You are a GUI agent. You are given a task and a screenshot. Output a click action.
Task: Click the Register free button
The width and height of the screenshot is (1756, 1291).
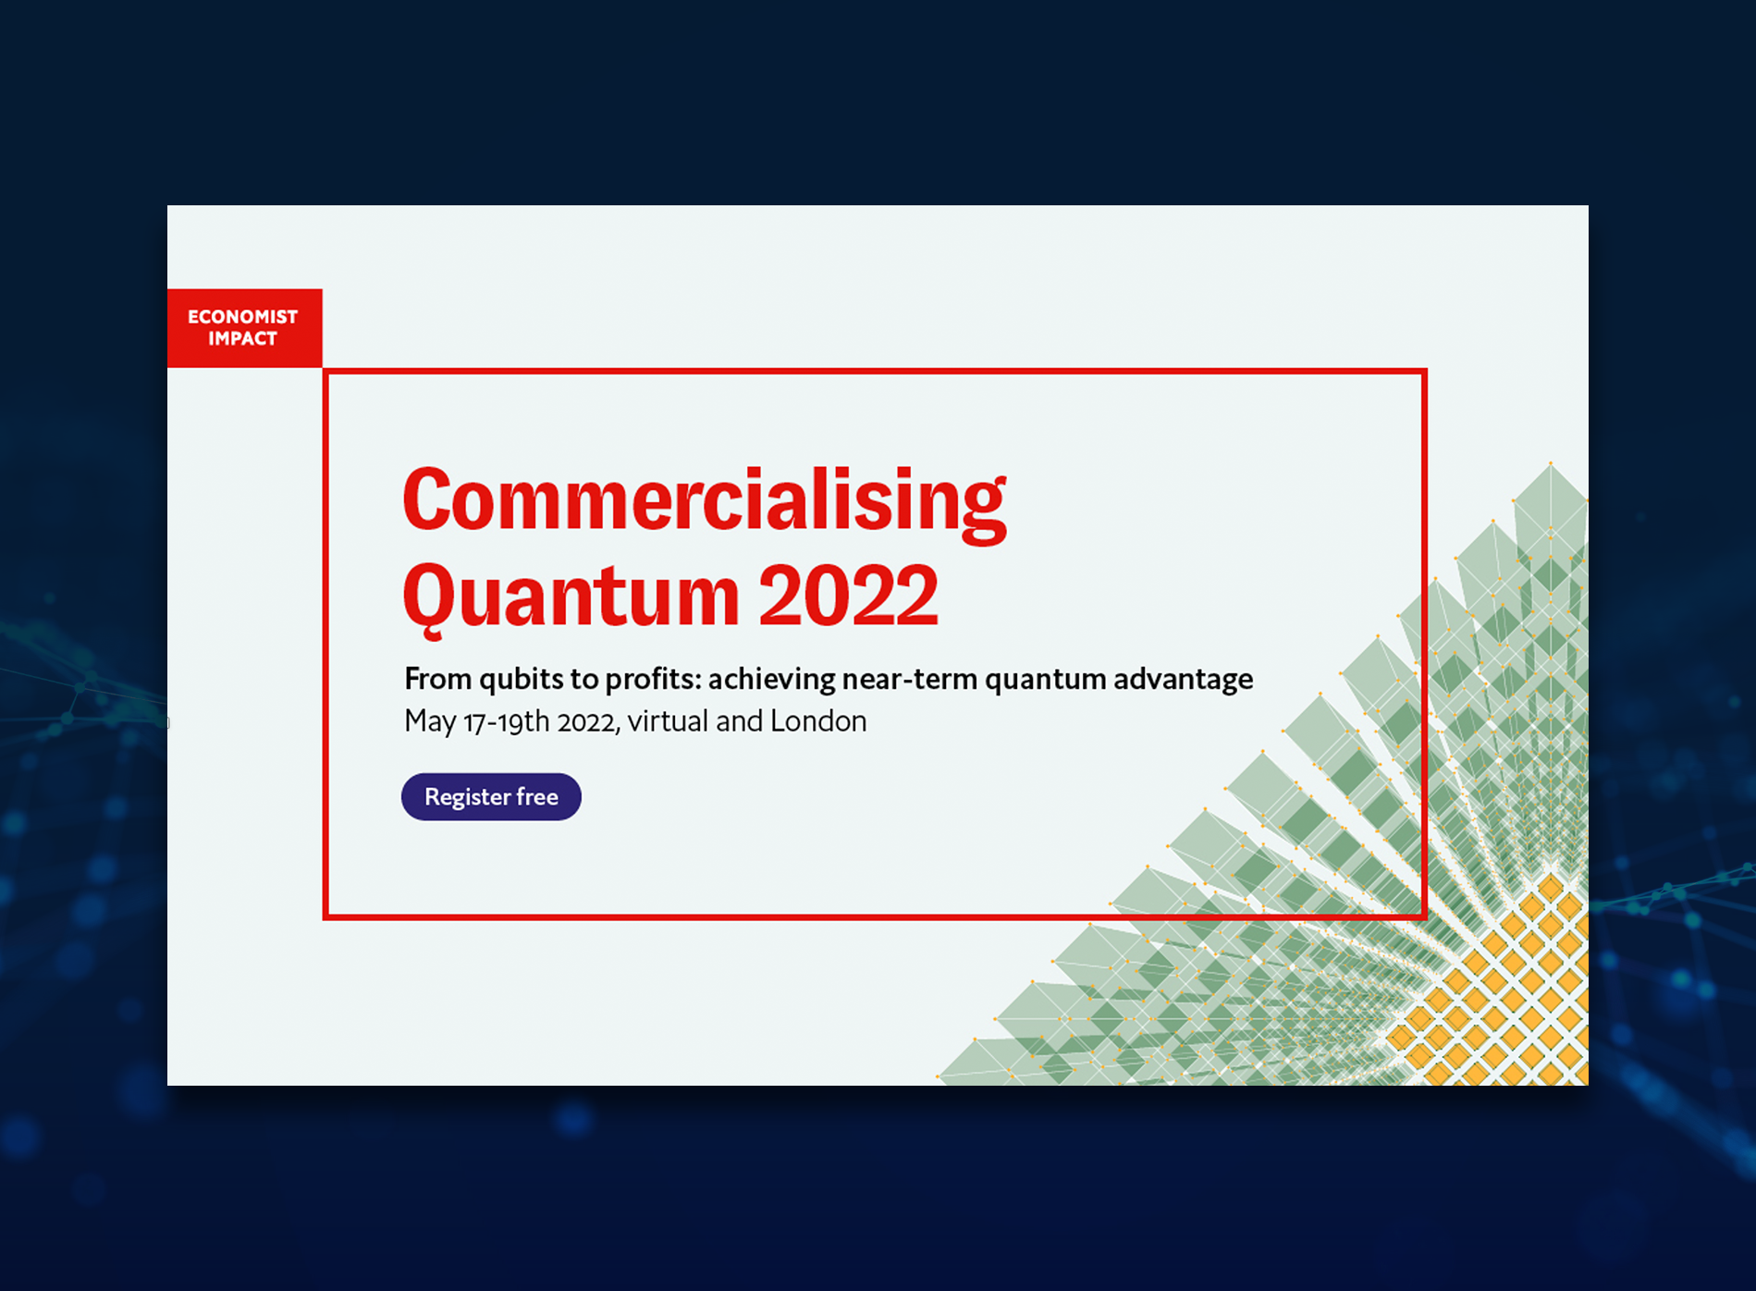(491, 796)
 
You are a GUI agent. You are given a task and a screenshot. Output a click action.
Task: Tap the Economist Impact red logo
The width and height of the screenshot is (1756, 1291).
(245, 328)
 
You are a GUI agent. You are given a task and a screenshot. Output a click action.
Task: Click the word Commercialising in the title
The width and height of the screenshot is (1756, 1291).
(705, 502)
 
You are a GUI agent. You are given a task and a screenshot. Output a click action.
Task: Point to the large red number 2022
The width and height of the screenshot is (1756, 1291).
(849, 596)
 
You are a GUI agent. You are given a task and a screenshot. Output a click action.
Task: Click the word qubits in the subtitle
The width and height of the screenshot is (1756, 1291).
(521, 680)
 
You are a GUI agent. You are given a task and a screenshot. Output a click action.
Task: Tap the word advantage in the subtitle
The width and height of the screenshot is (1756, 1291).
(1184, 680)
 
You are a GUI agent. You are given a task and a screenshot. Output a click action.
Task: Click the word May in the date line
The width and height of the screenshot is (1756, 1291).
(430, 721)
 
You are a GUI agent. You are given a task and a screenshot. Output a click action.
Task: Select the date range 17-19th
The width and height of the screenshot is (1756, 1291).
(507, 721)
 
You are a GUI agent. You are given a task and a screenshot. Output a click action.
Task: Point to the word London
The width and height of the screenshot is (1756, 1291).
(818, 721)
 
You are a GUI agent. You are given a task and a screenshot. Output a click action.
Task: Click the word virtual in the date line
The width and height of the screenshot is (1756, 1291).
(668, 721)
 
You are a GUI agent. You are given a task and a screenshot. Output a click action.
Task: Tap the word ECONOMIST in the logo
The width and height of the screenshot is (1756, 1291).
(243, 316)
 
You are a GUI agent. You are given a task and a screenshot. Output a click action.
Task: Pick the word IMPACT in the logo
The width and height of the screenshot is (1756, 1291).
(242, 338)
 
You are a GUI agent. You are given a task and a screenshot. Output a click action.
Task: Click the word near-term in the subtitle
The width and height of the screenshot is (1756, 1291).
(910, 680)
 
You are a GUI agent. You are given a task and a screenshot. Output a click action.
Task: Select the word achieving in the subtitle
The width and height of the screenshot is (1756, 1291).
(772, 680)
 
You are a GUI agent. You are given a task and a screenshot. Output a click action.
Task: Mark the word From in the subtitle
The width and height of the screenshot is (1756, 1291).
(438, 679)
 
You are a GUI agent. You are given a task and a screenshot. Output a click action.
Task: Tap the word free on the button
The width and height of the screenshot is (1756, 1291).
(537, 796)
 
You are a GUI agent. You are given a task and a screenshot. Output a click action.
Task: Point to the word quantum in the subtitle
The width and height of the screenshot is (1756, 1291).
(1045, 681)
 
